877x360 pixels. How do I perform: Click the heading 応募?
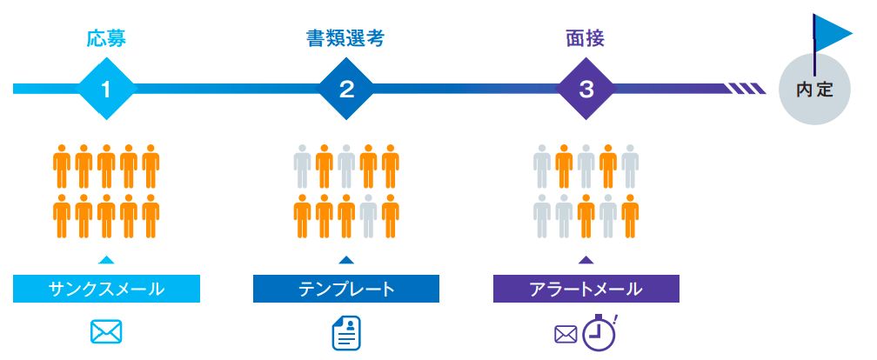point(107,38)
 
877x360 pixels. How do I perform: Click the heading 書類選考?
point(345,38)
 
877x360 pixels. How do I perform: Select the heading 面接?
point(586,38)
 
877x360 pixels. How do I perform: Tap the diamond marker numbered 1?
point(107,88)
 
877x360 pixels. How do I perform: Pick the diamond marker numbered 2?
point(346,88)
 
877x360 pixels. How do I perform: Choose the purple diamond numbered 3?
point(586,88)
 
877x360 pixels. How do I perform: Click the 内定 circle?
point(814,89)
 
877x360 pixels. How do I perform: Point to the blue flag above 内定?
point(833,33)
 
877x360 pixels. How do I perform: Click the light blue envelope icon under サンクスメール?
point(106,332)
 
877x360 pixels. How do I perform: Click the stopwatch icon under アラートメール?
point(599,334)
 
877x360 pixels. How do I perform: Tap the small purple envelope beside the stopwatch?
point(566,334)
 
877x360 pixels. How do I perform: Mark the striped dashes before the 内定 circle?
point(746,88)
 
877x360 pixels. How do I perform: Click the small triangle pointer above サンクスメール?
point(106,259)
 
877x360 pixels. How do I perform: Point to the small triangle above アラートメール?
point(586,259)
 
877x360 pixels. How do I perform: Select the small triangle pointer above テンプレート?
point(346,259)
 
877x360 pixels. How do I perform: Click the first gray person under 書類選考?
point(302,166)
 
